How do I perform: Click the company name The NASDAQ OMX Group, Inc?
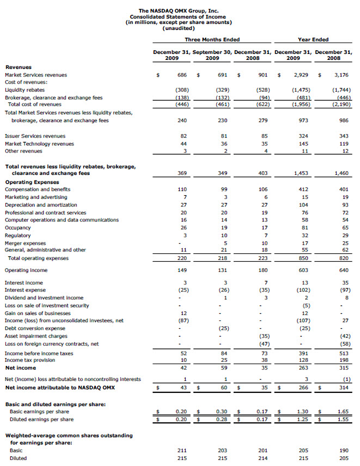coord(179,10)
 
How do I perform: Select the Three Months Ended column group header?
coord(212,39)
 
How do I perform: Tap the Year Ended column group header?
coord(313,39)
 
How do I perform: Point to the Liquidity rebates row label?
coord(25,89)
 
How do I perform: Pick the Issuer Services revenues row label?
coord(35,136)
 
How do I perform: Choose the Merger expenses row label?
coord(25,243)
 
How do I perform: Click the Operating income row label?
coord(26,270)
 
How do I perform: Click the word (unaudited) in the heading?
coord(179,28)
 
